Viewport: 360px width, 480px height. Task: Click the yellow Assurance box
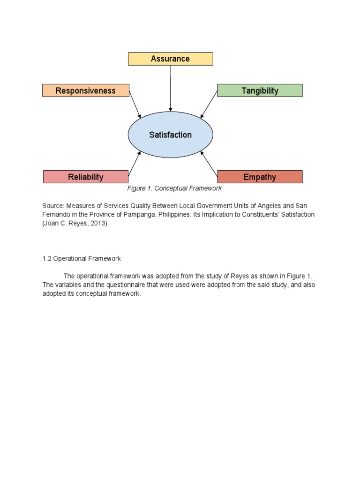tap(170, 59)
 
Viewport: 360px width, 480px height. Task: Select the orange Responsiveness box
tap(85, 90)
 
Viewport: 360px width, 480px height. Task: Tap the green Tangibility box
tap(260, 90)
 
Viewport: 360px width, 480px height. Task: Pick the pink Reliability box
tap(85, 177)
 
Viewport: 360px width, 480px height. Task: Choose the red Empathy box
tap(260, 177)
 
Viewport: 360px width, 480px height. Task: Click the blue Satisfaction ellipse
tap(170, 135)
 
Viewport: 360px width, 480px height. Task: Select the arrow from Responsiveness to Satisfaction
tap(135, 104)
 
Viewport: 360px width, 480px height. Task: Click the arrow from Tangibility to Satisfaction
tap(209, 104)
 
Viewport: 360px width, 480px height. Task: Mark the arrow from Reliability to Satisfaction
tap(134, 164)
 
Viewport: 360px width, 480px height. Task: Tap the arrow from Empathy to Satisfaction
tap(209, 164)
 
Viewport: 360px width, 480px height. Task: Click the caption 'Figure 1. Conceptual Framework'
tap(174, 188)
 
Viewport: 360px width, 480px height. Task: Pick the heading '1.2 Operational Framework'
tap(82, 259)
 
